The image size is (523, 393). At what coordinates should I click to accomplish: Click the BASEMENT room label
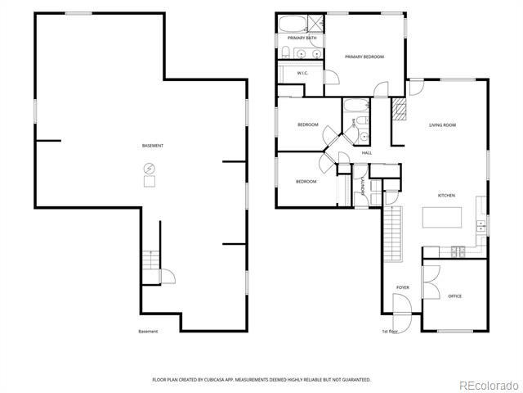153,146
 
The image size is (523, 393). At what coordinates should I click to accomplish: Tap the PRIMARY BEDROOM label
364,56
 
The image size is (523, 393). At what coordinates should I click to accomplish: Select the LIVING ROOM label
442,125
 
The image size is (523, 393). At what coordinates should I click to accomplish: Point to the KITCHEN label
446,195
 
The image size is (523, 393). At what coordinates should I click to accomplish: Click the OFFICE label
454,296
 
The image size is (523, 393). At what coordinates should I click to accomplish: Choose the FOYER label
403,287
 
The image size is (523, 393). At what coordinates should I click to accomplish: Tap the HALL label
367,153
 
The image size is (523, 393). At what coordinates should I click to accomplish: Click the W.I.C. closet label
302,73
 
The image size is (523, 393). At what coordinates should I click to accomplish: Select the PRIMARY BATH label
302,38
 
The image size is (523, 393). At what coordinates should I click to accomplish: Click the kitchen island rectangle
442,218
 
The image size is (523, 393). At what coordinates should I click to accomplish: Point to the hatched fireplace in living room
399,109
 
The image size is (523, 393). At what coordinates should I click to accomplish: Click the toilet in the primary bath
285,52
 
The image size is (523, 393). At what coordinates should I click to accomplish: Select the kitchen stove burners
458,252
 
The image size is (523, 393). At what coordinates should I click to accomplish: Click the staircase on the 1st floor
393,234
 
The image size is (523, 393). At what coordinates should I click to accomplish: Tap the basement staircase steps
151,260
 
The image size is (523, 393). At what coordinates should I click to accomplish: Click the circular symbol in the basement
150,169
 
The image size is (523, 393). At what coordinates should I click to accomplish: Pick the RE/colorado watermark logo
489,386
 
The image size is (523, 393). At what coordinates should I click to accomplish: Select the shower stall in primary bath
315,24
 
